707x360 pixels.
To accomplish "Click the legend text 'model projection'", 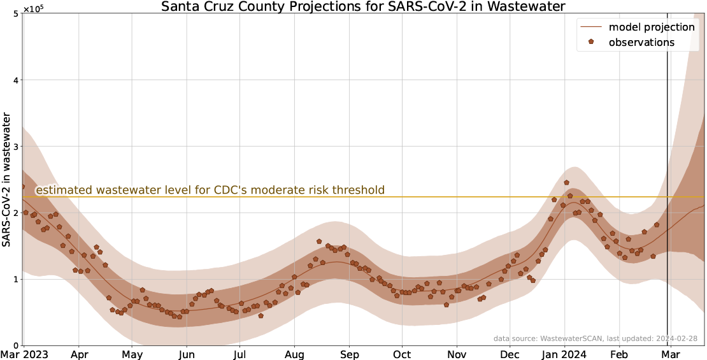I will point(651,27).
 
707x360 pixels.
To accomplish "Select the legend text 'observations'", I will point(641,43).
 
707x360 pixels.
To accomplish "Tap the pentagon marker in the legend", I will point(591,42).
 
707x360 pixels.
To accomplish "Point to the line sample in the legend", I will point(591,27).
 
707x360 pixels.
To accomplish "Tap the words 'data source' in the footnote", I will point(515,338).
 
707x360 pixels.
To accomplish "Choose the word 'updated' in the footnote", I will point(639,338).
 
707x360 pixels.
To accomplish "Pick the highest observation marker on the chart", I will point(566,183).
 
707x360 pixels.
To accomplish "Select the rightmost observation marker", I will point(657,225).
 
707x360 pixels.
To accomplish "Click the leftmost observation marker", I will point(23,187).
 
